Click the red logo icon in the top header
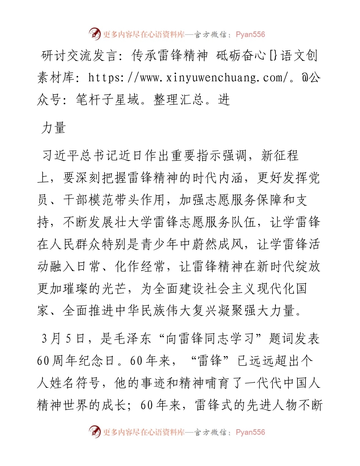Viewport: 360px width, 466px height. tap(95, 34)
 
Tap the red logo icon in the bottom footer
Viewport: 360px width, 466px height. tap(95, 432)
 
